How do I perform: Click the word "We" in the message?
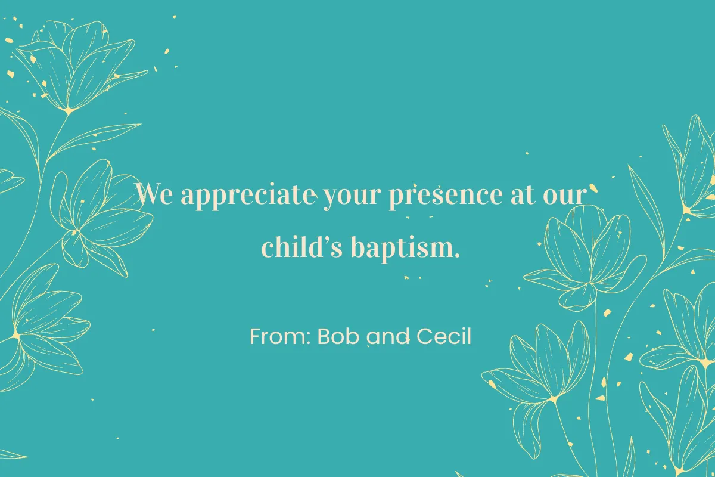154,195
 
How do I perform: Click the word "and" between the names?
389,337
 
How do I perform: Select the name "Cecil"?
444,337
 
